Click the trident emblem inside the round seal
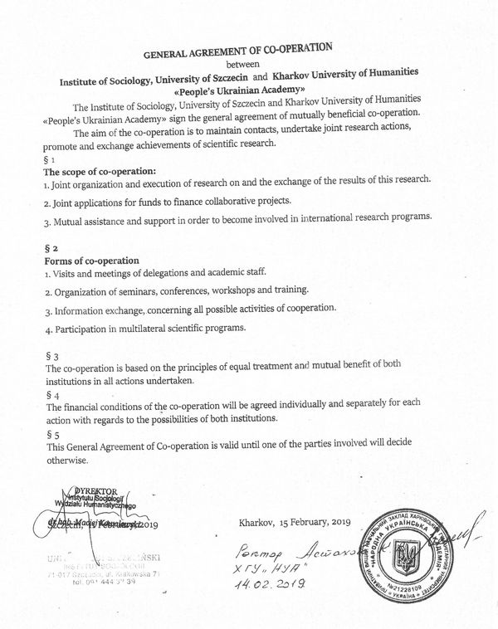pos(403,552)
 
